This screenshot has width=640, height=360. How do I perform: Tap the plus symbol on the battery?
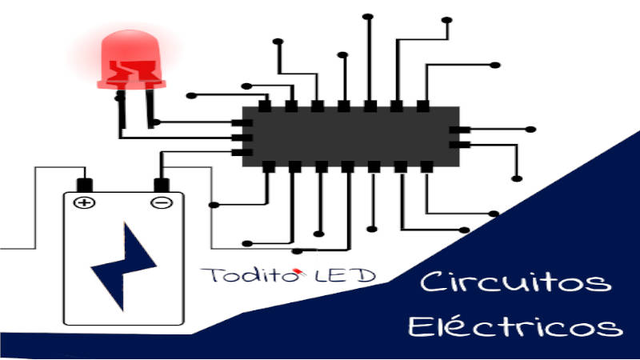(82, 202)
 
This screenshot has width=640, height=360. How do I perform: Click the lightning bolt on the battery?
(123, 268)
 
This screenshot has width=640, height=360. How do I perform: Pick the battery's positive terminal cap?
(83, 184)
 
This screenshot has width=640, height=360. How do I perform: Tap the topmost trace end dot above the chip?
(369, 15)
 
